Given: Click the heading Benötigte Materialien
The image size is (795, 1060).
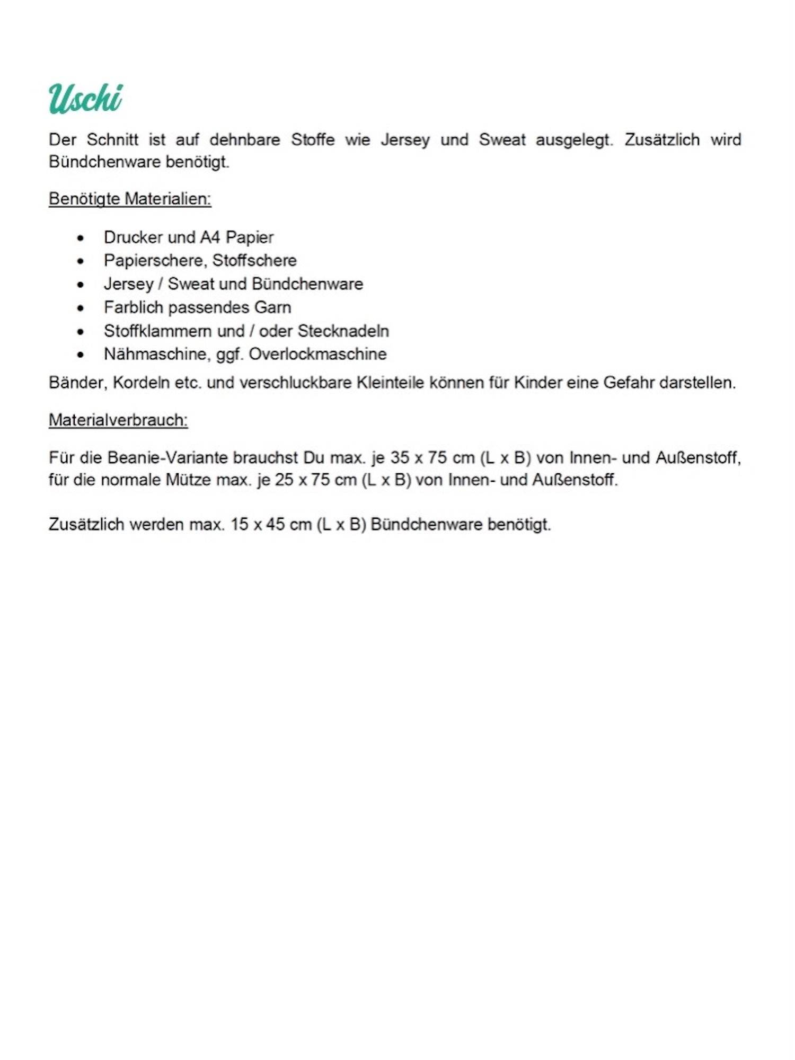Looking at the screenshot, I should [130, 199].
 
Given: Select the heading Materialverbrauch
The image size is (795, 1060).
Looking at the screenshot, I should [118, 420].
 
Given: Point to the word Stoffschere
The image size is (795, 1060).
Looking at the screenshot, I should [254, 261].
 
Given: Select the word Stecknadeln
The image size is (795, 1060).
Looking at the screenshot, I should [343, 331].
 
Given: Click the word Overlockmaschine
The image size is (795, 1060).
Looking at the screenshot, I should [317, 354].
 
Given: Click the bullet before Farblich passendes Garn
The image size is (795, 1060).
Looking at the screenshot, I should [81, 308].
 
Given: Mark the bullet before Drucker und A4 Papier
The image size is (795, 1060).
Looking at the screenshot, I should [81, 238].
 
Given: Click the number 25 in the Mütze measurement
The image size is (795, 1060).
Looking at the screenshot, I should [284, 480].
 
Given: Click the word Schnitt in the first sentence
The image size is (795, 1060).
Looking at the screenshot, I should [112, 140].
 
